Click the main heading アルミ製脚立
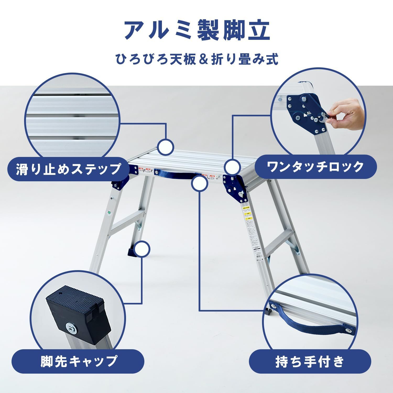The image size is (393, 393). (196, 31)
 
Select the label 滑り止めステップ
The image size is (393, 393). (69, 169)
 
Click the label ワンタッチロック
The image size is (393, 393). (315, 167)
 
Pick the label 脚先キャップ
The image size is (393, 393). (78, 361)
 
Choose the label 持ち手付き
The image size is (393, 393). (310, 362)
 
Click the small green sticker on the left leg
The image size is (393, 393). (109, 213)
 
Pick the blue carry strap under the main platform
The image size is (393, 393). (178, 173)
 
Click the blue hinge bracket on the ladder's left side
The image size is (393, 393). (120, 183)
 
